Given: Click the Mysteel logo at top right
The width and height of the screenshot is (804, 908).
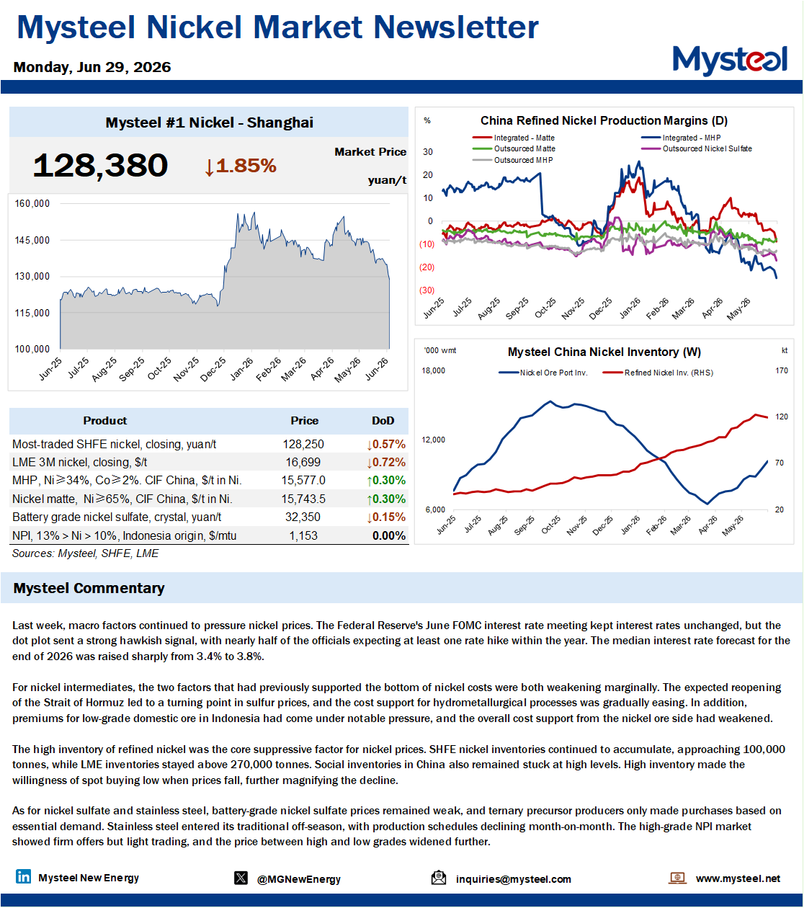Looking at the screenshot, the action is pos(730,60).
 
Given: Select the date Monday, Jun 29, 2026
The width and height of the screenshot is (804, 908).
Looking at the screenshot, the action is pos(92,67).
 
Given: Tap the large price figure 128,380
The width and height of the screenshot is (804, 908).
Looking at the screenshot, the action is pos(100,165).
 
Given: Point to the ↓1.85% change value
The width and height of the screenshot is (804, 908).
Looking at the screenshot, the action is pos(240,166).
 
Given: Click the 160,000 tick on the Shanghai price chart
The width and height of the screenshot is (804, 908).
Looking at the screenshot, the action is pos(32,203).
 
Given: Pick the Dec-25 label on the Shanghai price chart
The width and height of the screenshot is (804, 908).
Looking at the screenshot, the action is pos(213,369).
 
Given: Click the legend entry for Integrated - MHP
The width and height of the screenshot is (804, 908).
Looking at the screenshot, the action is pos(681,138).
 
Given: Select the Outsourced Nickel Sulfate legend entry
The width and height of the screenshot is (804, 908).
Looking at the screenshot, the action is pos(697,148).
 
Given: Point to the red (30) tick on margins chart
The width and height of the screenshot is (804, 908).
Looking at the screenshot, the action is pos(426,290).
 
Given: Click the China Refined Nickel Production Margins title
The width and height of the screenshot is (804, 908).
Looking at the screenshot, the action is pos(604,120).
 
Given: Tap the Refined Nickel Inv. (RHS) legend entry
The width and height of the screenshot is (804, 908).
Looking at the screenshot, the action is pos(658,373).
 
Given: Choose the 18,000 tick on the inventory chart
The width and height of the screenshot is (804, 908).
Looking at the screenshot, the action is pos(434,370).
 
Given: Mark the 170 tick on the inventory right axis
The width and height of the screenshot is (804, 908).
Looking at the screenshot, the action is pos(782,370).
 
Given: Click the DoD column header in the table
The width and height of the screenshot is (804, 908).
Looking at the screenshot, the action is pos(383,420).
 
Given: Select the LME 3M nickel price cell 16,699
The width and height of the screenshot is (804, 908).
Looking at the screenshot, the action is pos(303,462).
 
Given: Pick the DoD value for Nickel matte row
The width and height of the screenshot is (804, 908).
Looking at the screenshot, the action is pos(386,499).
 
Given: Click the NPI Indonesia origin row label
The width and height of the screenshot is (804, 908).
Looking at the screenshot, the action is pos(124,535).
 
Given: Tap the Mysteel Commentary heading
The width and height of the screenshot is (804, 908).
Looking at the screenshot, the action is pos(89,588).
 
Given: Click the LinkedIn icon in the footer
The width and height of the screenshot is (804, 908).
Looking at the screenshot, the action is pos(23,876).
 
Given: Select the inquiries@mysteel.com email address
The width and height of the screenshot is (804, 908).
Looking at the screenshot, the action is pos(514,879).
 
